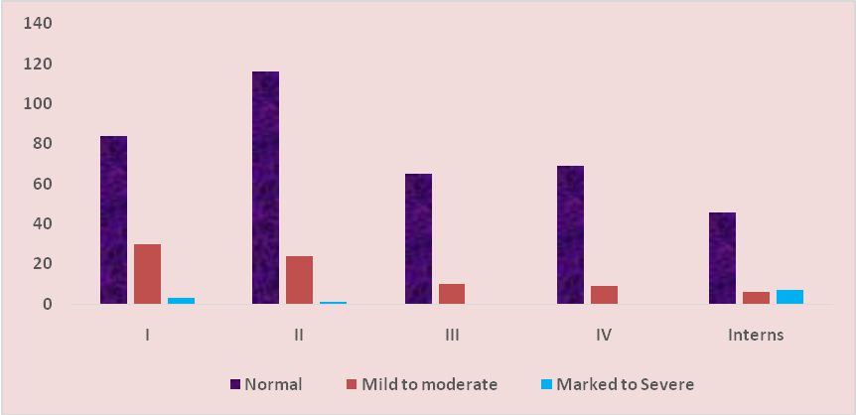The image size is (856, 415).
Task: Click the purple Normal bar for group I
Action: pos(113,219)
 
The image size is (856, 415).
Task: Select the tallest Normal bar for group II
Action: pos(265,188)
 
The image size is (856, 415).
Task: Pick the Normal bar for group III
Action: pos(418,238)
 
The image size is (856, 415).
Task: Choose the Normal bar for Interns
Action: pos(722,258)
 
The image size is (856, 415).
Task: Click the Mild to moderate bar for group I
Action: pos(147,274)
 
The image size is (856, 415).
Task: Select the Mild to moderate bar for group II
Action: pos(299,280)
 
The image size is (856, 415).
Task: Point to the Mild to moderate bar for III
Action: pos(452,294)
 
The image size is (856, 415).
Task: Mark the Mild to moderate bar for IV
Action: pos(604,295)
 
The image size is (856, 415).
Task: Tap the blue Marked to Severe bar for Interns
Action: pos(789,297)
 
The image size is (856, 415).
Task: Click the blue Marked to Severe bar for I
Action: pos(181,300)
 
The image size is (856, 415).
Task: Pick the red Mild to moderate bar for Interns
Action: pos(756,298)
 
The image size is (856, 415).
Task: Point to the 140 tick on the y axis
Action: pos(39,23)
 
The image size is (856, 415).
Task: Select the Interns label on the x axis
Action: pos(756,335)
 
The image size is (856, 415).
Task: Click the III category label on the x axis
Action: pos(452,335)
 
